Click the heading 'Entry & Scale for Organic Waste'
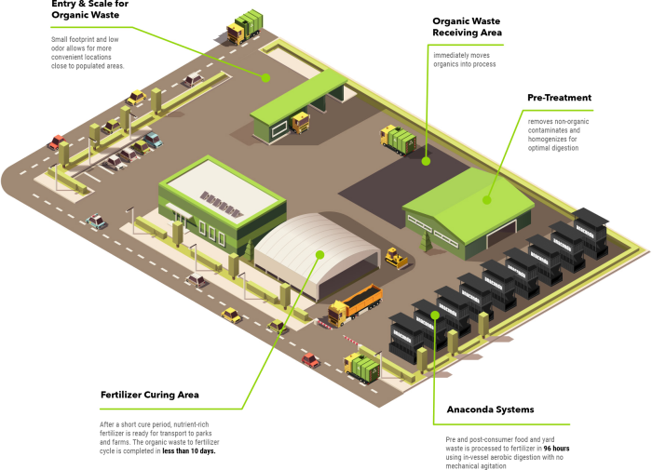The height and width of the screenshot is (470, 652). pyautogui.click(x=89, y=9)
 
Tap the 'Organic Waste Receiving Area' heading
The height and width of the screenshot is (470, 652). pyautogui.click(x=467, y=26)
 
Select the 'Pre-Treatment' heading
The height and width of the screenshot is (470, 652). pyautogui.click(x=559, y=98)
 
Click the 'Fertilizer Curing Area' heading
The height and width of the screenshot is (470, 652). pyautogui.click(x=149, y=395)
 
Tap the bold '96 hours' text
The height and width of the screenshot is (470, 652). pyautogui.click(x=557, y=448)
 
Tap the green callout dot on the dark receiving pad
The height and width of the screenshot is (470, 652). pyautogui.click(x=426, y=160)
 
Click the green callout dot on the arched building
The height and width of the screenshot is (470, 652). pyautogui.click(x=319, y=253)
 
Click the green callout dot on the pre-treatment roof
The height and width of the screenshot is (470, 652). pyautogui.click(x=487, y=197)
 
